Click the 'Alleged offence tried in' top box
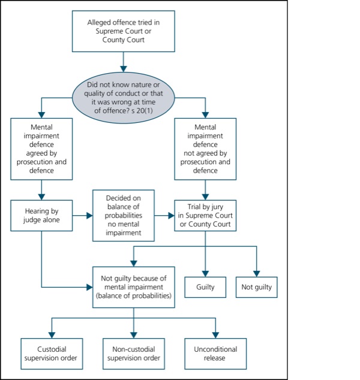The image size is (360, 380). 123,31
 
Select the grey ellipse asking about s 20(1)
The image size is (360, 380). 123,98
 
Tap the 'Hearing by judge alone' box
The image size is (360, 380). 41,215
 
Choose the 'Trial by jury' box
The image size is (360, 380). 205,215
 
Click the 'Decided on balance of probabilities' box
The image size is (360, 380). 123,215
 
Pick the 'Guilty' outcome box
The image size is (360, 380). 205,287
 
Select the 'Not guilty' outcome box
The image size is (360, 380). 256,287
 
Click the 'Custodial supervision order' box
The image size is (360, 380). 52,354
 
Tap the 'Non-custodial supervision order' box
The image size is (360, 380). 134,354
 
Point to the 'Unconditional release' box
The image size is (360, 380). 215,354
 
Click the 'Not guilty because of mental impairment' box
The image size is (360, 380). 134,287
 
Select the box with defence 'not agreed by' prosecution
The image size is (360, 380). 205,149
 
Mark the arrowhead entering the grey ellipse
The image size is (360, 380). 123,69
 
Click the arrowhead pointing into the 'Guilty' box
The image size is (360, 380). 205,273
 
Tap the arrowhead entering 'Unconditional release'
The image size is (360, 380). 215,335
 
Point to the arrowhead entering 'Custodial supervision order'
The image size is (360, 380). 52,335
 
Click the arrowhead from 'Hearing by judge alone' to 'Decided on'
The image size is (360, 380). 89,215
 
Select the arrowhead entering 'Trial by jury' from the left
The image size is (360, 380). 171,215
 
